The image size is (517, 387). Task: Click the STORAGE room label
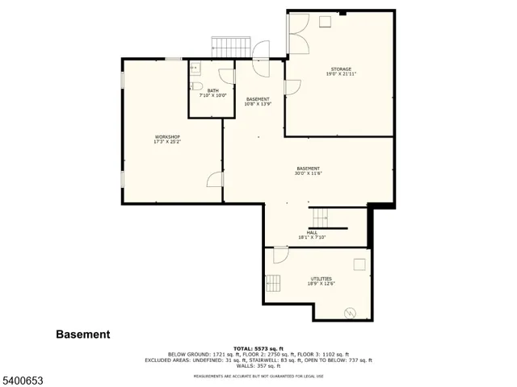[x=340, y=69]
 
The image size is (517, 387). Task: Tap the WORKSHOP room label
[x=167, y=137]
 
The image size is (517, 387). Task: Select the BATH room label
[x=212, y=90]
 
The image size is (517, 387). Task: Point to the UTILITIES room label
[x=321, y=278]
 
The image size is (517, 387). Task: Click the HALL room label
[x=311, y=232]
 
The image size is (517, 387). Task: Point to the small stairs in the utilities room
[x=275, y=283]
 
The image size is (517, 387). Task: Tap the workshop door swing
[x=215, y=179]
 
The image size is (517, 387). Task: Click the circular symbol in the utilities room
[x=351, y=313]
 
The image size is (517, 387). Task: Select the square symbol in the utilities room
[x=359, y=264]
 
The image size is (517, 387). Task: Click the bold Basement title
[x=83, y=334]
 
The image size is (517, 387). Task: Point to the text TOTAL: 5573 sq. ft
[x=258, y=348]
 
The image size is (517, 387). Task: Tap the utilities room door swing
[x=280, y=255]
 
